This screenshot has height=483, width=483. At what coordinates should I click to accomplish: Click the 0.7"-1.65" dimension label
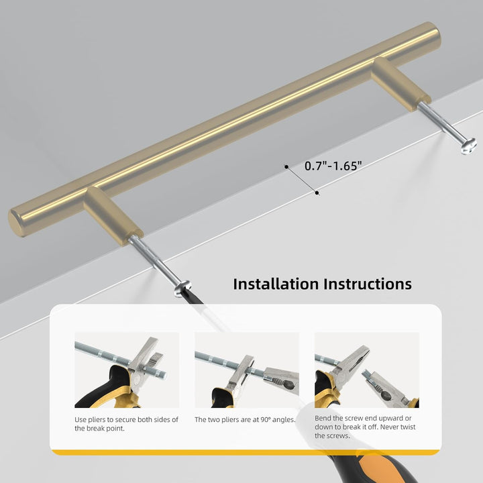(x=333, y=165)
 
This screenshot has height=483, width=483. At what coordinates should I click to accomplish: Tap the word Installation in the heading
(x=276, y=284)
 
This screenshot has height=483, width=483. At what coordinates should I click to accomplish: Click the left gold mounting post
(x=111, y=215)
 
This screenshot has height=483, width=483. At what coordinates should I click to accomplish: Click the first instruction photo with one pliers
(x=126, y=370)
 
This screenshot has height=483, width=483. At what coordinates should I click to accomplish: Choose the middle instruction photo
(x=246, y=370)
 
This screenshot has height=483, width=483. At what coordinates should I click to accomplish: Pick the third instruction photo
(x=366, y=370)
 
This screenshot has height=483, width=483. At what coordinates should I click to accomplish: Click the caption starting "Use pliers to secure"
(x=126, y=423)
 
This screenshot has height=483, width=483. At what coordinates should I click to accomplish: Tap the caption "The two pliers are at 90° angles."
(x=245, y=420)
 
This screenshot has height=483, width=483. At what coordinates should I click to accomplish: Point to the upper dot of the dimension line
(x=286, y=165)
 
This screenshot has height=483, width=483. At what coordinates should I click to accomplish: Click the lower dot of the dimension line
(x=317, y=193)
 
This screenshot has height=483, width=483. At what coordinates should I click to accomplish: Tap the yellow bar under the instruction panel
(x=246, y=453)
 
